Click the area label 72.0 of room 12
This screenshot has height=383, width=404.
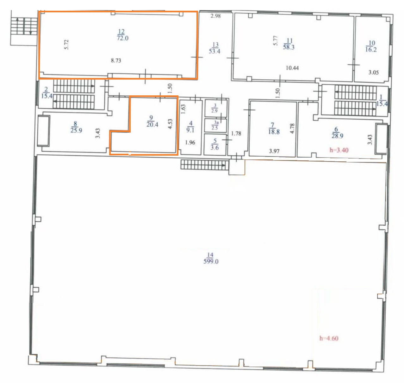pyautogui.click(x=123, y=38)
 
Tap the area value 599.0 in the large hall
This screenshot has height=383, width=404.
pyautogui.click(x=211, y=261)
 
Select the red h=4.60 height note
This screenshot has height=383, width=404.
pyautogui.click(x=329, y=338)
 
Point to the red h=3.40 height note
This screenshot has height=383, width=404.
pyautogui.click(x=339, y=150)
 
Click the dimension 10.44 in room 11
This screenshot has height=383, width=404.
pyautogui.click(x=292, y=68)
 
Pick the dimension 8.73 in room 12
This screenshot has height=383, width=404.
pyautogui.click(x=116, y=61)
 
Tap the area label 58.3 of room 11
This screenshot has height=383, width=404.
pyautogui.click(x=289, y=47)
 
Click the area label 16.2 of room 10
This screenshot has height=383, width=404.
pyautogui.click(x=371, y=50)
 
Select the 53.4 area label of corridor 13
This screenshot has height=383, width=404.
pyautogui.click(x=214, y=51)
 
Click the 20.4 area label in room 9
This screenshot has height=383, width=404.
pyautogui.click(x=152, y=124)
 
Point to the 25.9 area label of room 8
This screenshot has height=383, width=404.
pyautogui.click(x=76, y=130)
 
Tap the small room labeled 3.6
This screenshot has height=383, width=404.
pyautogui.click(x=215, y=147)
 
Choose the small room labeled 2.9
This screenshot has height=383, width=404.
pyautogui.click(x=214, y=111)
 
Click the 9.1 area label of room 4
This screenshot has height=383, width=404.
pyautogui.click(x=190, y=130)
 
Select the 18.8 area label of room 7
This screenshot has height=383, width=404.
pyautogui.click(x=274, y=132)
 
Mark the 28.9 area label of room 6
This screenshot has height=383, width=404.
pyautogui.click(x=337, y=136)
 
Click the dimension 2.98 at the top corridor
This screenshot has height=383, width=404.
pyautogui.click(x=215, y=16)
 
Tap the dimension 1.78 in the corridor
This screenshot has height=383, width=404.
pyautogui.click(x=236, y=134)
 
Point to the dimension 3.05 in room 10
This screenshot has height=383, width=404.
pyautogui.click(x=373, y=72)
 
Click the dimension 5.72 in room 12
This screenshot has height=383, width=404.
pyautogui.click(x=66, y=45)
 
